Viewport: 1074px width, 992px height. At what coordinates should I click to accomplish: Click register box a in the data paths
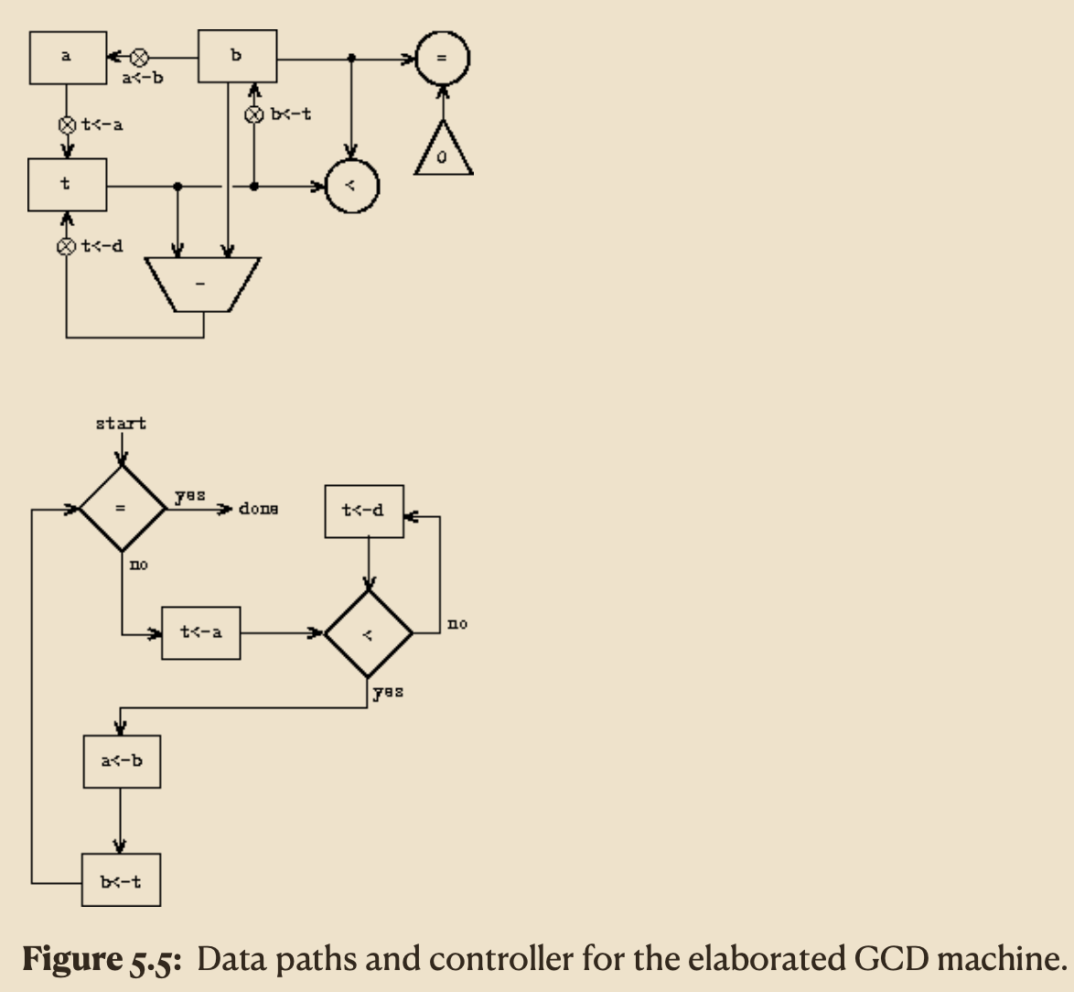tap(67, 58)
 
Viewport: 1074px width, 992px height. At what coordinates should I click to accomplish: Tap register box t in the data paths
tap(67, 184)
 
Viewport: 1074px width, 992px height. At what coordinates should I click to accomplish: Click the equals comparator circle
tap(443, 59)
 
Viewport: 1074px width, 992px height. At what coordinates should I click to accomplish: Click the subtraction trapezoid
tap(203, 284)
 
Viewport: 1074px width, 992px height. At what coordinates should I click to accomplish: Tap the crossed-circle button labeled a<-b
tap(139, 58)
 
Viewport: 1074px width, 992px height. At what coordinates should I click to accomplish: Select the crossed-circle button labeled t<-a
tap(67, 124)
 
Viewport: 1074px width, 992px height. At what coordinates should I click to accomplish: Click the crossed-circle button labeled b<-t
tap(254, 115)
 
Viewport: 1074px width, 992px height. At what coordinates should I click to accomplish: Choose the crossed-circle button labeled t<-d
tap(67, 246)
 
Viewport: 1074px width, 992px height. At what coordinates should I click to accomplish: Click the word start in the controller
tap(121, 423)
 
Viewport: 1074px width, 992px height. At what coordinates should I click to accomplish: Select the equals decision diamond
tap(122, 508)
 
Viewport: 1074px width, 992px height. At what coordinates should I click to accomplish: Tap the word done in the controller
tap(259, 508)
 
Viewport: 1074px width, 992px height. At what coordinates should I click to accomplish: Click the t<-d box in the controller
tap(365, 512)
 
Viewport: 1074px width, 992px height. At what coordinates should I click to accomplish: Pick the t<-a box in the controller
tap(201, 632)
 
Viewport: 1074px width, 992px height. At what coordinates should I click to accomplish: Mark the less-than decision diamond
tap(369, 633)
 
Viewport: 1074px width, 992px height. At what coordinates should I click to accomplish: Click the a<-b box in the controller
tap(122, 761)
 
